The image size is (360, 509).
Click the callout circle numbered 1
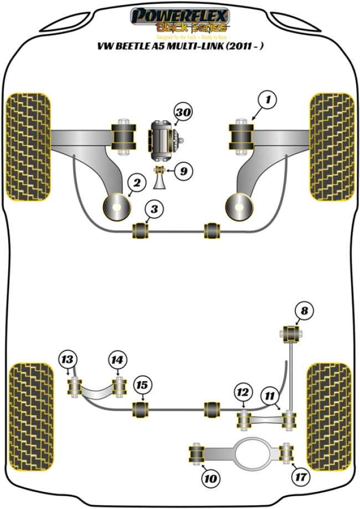268,100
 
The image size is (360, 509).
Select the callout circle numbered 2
137,182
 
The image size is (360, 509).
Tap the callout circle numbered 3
155,209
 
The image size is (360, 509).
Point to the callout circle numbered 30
183,113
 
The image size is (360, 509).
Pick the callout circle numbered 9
183,171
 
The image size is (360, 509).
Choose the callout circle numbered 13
68,360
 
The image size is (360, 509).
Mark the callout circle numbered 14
116,360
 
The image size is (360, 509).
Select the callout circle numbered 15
142,385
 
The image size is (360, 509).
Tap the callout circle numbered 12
242,393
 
